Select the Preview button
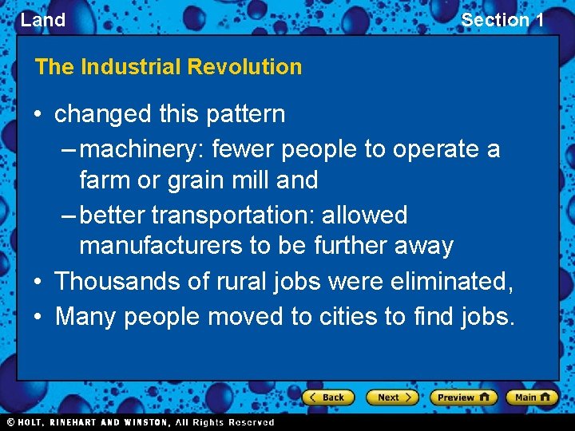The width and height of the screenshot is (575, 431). (x=463, y=397)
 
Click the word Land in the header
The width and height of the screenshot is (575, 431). (x=43, y=20)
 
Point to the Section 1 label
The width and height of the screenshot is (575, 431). (x=502, y=20)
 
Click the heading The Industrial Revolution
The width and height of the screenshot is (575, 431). (x=169, y=67)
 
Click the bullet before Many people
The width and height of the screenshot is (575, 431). (x=38, y=317)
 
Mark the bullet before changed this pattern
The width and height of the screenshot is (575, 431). (x=38, y=114)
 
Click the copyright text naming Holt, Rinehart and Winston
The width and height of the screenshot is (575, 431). (x=140, y=422)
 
